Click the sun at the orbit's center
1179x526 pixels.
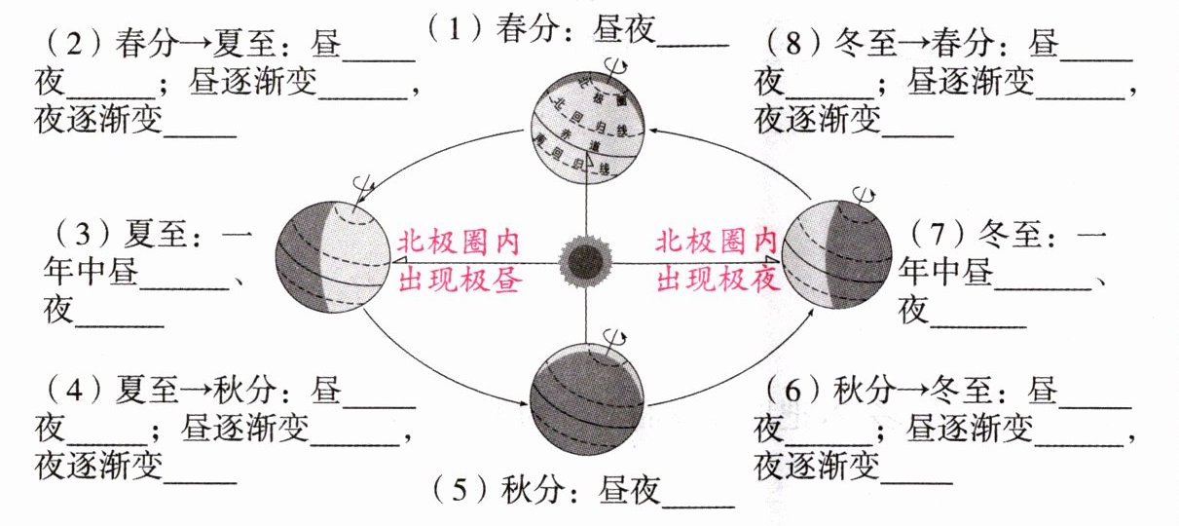pyautogui.click(x=585, y=261)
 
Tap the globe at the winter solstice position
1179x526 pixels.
pyautogui.click(x=836, y=253)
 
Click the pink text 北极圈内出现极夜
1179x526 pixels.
pyautogui.click(x=718, y=261)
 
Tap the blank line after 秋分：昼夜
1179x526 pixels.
pyautogui.click(x=698, y=501)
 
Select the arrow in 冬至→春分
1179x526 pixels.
pyautogui.click(x=911, y=44)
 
